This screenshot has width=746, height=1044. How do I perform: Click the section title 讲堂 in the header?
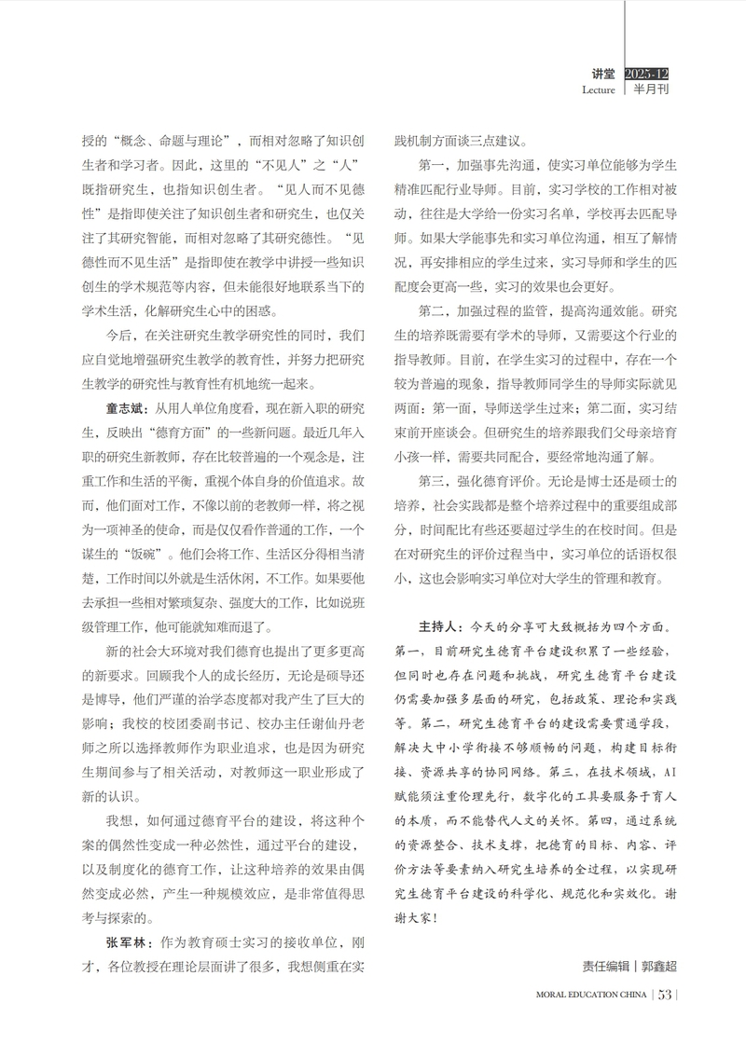pyautogui.click(x=602, y=74)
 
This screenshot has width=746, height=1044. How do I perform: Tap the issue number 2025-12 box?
pyautogui.click(x=647, y=74)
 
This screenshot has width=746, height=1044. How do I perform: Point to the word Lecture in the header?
pyautogui.click(x=598, y=90)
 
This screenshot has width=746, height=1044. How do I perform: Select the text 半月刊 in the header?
pyautogui.click(x=652, y=90)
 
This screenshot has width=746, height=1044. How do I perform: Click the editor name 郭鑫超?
pyautogui.click(x=656, y=966)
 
